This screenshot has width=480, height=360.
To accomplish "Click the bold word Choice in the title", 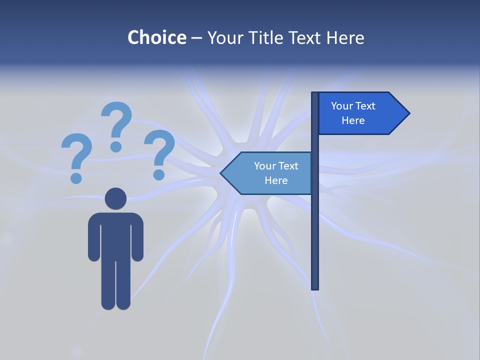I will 156,37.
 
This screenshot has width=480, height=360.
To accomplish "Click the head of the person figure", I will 115,198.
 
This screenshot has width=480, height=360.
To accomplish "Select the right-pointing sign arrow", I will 360,113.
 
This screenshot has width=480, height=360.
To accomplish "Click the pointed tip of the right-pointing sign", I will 408,113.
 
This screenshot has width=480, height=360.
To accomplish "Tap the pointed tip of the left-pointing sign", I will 221,173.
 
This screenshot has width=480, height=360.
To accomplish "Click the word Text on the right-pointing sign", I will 365,106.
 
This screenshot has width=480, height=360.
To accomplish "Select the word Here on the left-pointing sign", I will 276,180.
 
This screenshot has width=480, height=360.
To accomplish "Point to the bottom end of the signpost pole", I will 315,287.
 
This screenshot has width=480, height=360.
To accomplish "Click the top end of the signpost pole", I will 315,94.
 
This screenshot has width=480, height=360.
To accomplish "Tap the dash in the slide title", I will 196,38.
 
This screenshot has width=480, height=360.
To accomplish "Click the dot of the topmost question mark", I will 116,146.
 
